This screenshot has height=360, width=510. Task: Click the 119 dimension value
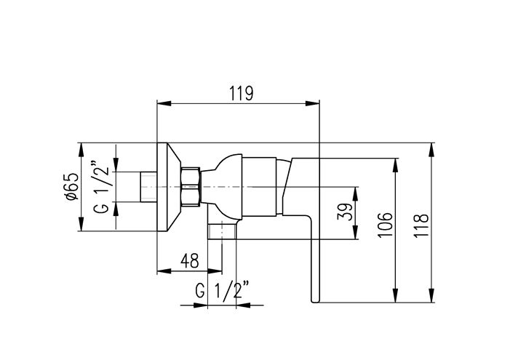coord(241,93)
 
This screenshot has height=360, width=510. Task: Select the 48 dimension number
coord(190,260)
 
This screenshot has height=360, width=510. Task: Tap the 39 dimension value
coord(345,212)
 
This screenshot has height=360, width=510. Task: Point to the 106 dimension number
coord(386,225)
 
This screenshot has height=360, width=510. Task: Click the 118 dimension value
coord(421,225)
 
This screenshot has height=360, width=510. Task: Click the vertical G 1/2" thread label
coord(101,186)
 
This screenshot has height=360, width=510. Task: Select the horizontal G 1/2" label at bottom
coord(223,290)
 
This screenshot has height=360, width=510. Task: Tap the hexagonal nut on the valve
coord(191,187)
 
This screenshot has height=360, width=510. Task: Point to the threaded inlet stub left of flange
coord(149,187)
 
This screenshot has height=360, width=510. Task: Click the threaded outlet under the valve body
coord(222,232)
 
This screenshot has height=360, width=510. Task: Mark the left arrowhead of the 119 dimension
coord(164,103)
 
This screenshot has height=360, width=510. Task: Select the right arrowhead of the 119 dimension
coord(312,103)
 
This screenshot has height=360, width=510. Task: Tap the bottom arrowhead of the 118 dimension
coord(431,295)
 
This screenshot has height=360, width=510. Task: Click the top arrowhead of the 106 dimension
coord(396,165)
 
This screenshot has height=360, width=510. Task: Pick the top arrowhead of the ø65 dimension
coord(81,150)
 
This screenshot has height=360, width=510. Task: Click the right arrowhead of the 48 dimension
coord(215,271)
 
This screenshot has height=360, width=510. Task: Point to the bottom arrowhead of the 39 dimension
coord(355,232)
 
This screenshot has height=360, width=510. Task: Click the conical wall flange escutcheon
coord(169,187)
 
